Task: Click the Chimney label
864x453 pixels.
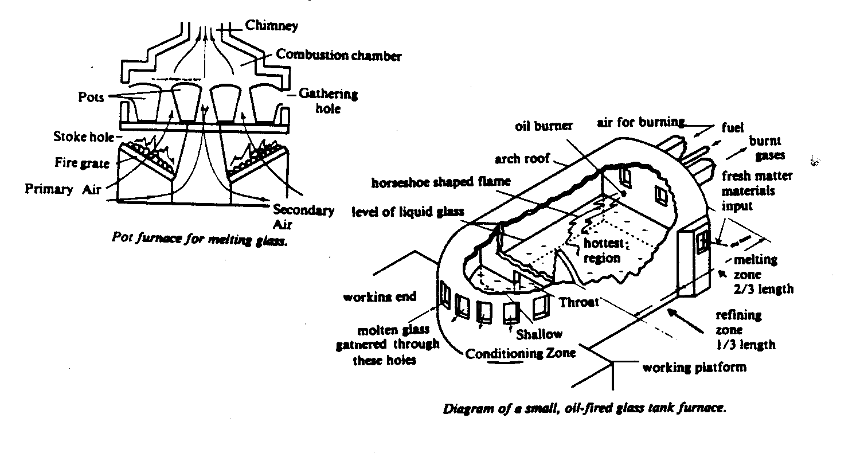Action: tap(272, 26)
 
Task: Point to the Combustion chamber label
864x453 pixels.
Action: tap(339, 56)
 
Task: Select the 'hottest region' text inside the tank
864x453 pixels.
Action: tap(602, 251)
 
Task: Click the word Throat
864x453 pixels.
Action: tap(580, 302)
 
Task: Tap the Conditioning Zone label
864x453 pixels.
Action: tap(519, 353)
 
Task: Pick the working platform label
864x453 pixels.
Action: tap(694, 366)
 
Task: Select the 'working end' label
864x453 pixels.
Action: tap(379, 297)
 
